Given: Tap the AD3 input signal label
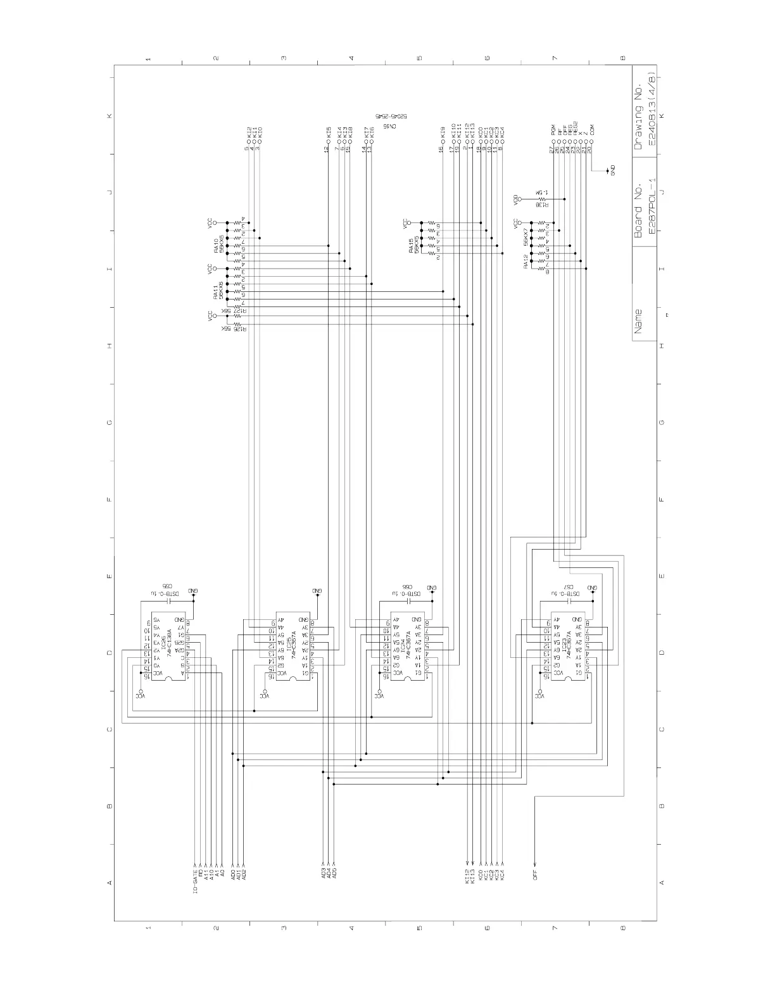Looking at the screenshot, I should click(x=324, y=873).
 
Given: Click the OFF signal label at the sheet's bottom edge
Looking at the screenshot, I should click(x=535, y=874).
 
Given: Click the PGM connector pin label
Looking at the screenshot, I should click(x=553, y=130).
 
